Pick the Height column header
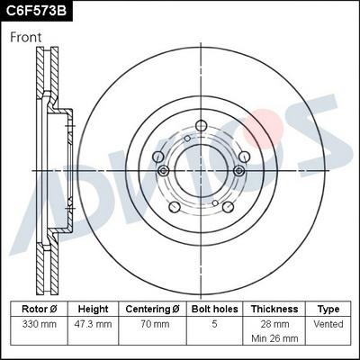pos(93,309)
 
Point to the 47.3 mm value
pos(93,323)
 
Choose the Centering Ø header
pos(153,309)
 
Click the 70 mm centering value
pos(153,323)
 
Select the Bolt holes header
pos(214,309)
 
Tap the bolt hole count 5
pos(214,323)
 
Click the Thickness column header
pos(274,309)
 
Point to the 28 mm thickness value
pos(274,323)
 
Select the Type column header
pos(329,309)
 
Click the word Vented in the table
pos(329,323)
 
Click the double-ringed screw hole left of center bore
pos(162,171)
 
